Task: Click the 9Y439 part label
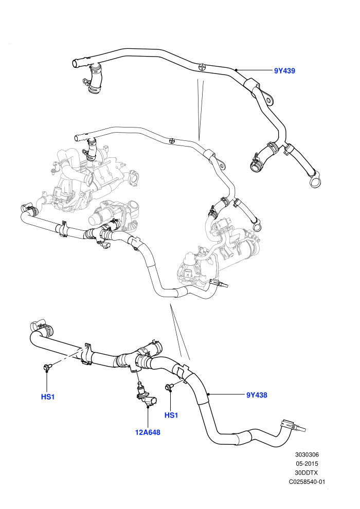284,71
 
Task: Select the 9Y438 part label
257,395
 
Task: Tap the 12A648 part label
148,432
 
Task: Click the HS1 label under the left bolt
48,397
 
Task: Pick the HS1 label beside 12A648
171,415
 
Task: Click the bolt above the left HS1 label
46,367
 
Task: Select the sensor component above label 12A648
145,394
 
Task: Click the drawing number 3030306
307,455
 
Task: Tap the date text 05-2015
307,464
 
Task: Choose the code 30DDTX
307,472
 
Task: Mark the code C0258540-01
307,482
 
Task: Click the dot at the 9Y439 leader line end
237,70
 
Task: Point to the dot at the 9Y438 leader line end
209,394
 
